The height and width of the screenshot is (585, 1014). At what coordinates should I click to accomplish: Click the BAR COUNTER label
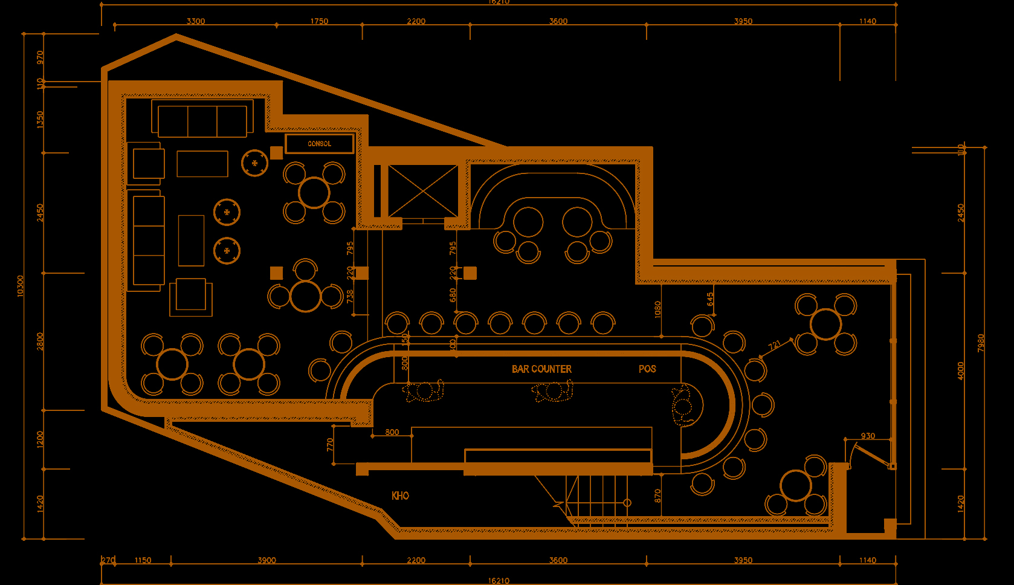coord(541,369)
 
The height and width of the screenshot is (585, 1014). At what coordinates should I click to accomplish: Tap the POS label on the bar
coord(647,369)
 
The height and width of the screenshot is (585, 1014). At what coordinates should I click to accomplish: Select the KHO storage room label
coord(400,496)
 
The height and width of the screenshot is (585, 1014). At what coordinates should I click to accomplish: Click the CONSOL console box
coord(320,144)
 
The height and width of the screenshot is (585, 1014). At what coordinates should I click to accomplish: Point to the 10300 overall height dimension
coord(21,286)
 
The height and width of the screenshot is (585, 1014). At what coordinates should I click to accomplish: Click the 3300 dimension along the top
coord(196,21)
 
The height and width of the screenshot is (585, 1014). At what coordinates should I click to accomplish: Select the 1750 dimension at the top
coord(319,21)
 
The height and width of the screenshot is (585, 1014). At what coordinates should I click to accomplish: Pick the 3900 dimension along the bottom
coord(266,560)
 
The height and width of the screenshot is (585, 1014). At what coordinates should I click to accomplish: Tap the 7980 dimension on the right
coord(981,343)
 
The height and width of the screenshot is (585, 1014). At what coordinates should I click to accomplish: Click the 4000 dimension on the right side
coord(961,370)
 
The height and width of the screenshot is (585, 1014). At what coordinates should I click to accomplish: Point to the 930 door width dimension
coord(868,436)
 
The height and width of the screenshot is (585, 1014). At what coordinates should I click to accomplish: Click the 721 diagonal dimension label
coord(775,345)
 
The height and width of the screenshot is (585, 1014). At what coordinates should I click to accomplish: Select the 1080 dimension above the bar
coord(657,309)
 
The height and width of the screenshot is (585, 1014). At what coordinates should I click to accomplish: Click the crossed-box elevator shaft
coord(423,190)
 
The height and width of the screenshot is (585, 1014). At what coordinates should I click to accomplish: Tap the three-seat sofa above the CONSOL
coord(202,121)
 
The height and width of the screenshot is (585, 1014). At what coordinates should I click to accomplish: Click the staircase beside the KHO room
coord(598,496)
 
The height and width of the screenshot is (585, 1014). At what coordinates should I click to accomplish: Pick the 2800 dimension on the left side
coord(40,341)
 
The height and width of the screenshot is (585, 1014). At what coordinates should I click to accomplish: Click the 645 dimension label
coord(710,299)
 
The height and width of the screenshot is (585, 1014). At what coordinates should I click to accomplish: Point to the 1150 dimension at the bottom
coord(143,560)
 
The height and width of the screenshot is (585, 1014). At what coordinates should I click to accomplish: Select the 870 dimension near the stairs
coord(657,496)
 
